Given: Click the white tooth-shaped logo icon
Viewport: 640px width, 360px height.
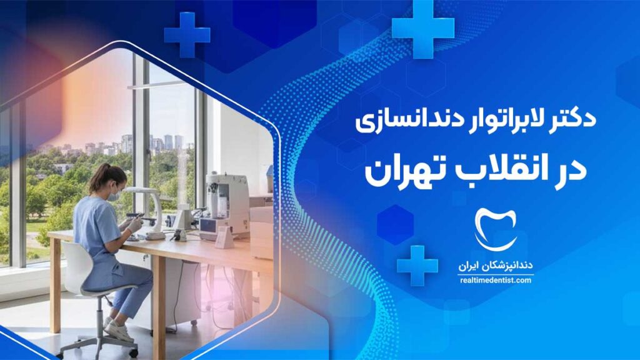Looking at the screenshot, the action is coord(496,229).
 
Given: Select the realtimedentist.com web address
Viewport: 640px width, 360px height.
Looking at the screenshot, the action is coord(496,281).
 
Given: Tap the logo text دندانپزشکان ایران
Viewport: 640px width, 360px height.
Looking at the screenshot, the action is coord(495,266).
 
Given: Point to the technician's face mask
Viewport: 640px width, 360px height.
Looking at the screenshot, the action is coord(114,195).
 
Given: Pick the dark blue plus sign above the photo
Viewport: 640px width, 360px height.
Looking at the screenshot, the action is coord(187,35).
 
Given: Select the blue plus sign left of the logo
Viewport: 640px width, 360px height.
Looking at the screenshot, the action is coord(417,266).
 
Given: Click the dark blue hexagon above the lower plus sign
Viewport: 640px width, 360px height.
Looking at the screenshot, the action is coord(395,225).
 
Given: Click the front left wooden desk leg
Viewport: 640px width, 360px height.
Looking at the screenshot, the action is coord(55,286).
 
